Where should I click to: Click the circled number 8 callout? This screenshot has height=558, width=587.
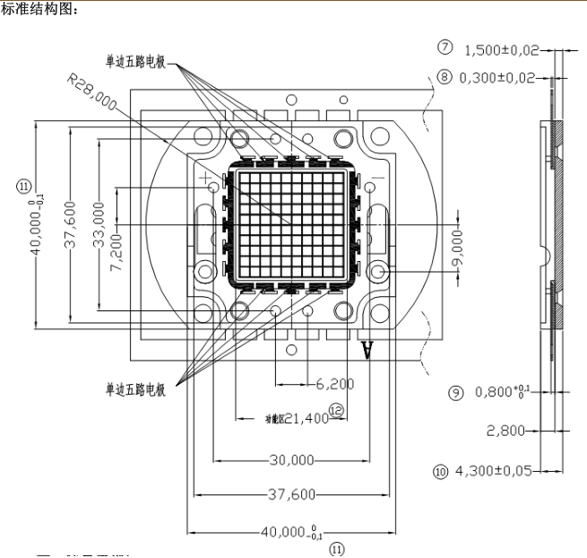pos(445,78)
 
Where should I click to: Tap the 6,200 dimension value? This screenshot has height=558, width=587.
pos(335,384)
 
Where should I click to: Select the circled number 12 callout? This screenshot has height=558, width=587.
pos(336,408)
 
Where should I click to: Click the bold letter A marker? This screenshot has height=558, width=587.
pos(367,348)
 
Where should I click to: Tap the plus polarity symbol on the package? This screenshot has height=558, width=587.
pos(210,179)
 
